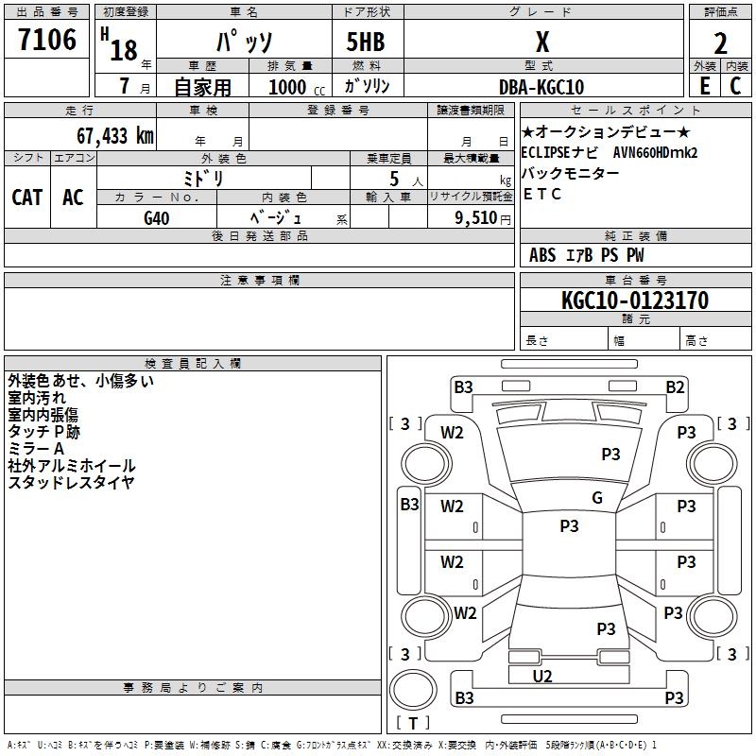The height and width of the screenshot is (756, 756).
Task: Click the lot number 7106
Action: point(47,41)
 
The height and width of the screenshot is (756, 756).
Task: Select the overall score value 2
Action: point(720,43)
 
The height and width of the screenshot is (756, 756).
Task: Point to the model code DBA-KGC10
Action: point(541,87)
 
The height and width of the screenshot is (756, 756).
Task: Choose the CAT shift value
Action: point(26,198)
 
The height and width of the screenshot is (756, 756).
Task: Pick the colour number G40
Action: point(157,217)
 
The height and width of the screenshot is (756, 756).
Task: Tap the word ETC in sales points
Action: point(542,195)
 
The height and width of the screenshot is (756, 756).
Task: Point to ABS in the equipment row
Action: point(542,254)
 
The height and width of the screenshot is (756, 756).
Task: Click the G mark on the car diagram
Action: point(596,498)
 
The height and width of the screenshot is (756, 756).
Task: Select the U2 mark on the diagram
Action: point(541,676)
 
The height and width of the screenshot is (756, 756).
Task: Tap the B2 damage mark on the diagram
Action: point(674,387)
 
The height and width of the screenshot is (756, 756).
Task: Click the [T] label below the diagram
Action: point(412,723)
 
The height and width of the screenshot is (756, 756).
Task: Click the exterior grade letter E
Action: point(704,85)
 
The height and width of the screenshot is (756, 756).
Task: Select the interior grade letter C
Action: point(735,85)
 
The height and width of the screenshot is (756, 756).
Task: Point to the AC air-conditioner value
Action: point(73,198)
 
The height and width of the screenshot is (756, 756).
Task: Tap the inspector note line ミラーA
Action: point(36,449)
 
